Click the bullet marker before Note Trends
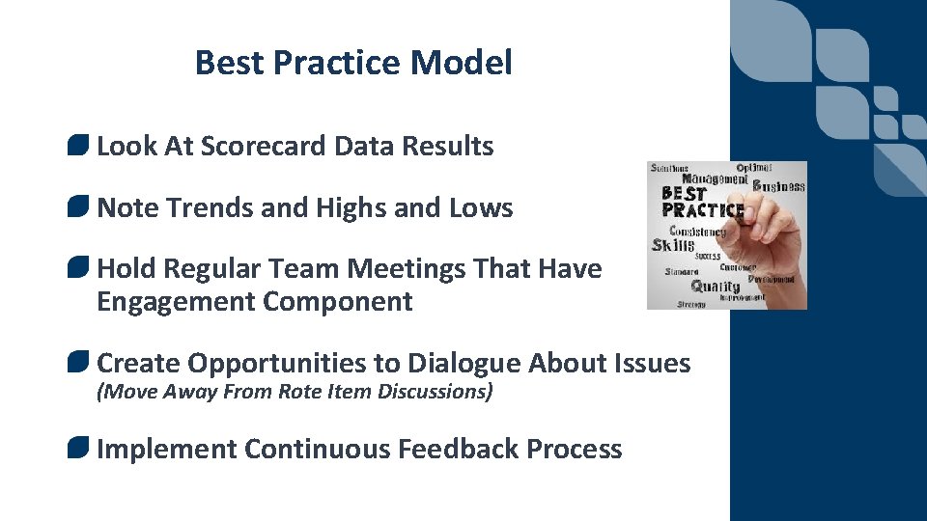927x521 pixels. (79, 207)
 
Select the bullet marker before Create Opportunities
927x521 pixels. (79, 363)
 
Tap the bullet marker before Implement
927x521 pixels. (79, 449)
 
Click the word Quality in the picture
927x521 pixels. (716, 286)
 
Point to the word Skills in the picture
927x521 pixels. (672, 245)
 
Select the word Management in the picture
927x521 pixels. (714, 178)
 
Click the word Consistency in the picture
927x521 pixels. (697, 232)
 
